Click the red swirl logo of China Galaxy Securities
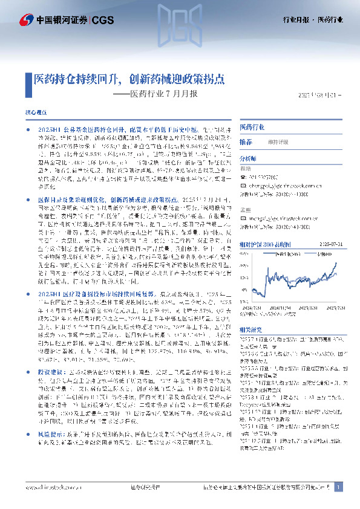25,20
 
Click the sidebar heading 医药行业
252,128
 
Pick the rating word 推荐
246,141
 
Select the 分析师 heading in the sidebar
249,158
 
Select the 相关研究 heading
250,329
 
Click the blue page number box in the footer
339,487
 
